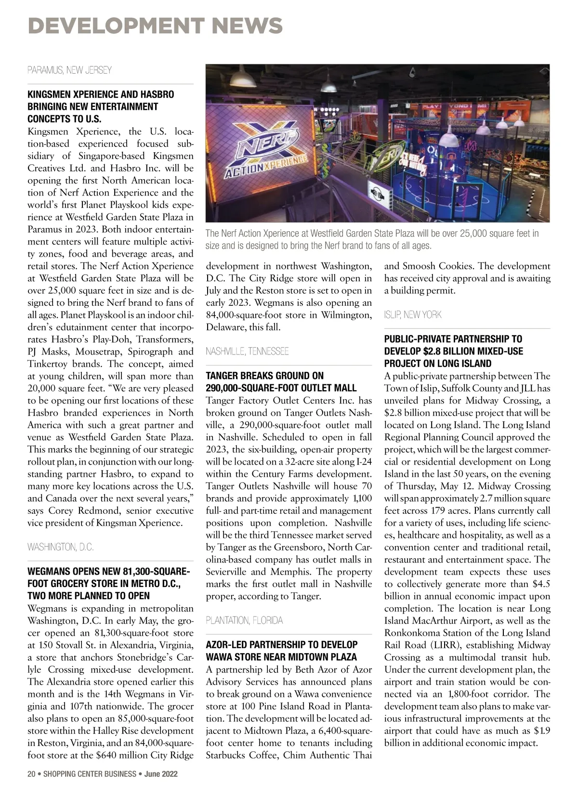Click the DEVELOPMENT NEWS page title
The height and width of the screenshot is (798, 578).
pos(155,26)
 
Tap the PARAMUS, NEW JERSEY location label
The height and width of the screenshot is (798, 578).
pos(69,70)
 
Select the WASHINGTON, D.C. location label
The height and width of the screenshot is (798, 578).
pos(61,547)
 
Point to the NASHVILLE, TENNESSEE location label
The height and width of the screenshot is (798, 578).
pos(247,352)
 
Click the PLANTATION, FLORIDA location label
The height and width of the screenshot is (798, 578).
pos(244,620)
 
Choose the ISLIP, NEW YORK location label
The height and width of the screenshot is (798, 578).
pos(413,315)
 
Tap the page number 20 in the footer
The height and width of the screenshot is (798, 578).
pos(31,774)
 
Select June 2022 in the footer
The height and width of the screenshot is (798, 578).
pos(161,774)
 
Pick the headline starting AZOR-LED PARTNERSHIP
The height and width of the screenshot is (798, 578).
pos(282,651)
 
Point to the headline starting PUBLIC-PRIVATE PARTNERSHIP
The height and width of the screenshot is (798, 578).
pos(454,351)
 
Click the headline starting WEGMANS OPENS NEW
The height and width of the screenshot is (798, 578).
pos(108,584)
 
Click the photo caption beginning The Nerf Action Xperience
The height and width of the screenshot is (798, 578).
pos(372,239)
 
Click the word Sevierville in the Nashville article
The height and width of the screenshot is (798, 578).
pos(228,572)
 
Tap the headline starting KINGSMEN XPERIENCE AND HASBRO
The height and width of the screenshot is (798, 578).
pos(101,106)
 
